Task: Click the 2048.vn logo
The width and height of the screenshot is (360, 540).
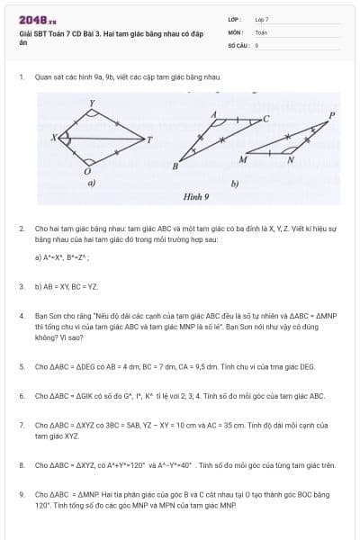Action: click(x=37, y=19)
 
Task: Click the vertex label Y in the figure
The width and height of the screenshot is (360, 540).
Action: click(x=91, y=104)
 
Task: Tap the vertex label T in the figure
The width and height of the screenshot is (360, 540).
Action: click(x=149, y=139)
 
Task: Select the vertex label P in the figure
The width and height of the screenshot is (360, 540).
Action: click(x=332, y=115)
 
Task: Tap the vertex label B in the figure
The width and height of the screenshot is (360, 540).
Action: click(x=175, y=166)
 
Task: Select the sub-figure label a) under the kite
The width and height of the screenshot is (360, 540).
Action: click(x=91, y=183)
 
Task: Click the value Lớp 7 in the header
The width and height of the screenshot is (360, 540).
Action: click(x=262, y=19)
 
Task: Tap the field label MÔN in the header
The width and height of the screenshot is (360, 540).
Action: click(x=237, y=31)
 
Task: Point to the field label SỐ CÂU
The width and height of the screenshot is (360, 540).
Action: click(x=238, y=44)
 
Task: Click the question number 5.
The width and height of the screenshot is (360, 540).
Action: click(x=21, y=367)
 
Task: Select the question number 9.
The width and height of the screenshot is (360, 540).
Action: click(x=21, y=495)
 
